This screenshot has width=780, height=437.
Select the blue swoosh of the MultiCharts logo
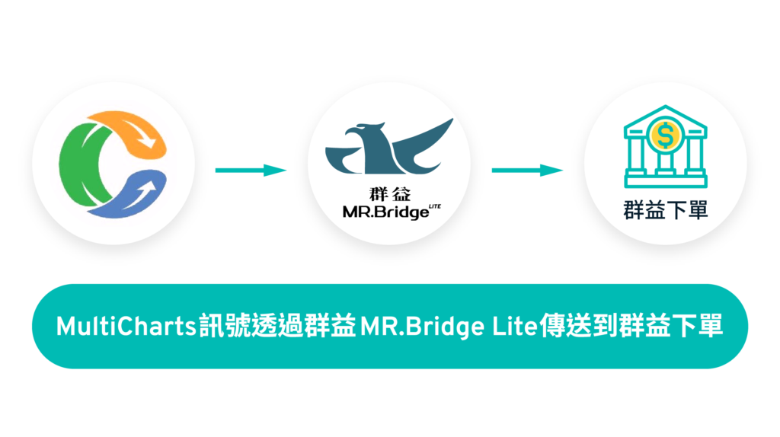click(122, 202)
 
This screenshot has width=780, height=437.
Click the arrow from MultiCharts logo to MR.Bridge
click(251, 170)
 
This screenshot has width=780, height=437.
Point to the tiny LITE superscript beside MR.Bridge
click(436, 206)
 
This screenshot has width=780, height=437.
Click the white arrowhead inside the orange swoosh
click(152, 142)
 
